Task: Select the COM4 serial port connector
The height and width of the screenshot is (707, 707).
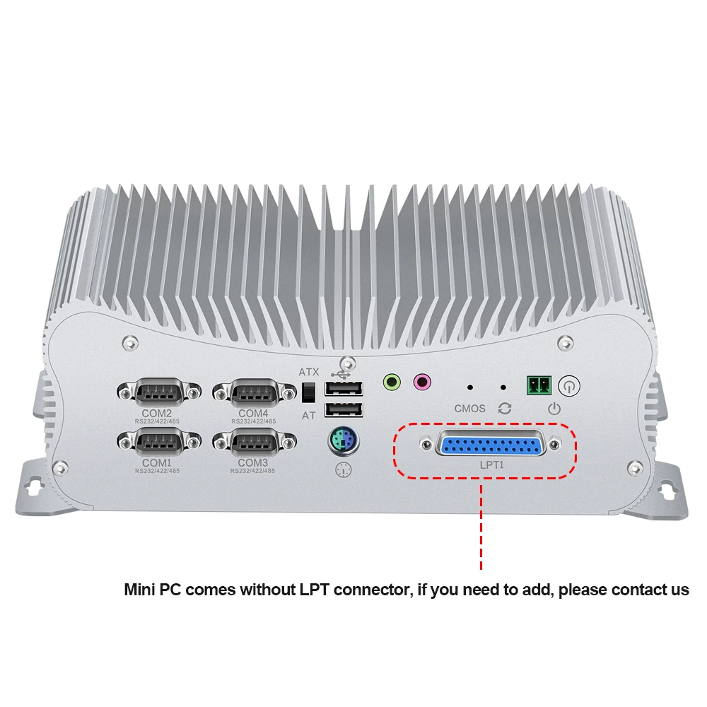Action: (x=252, y=391)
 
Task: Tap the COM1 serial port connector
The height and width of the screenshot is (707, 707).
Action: (x=156, y=442)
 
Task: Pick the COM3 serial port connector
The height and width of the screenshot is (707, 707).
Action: (x=252, y=442)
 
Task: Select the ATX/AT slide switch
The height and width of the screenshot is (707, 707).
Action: (x=308, y=391)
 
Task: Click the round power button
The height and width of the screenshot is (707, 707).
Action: (x=569, y=385)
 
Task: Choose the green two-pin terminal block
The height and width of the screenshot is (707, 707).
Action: (x=537, y=385)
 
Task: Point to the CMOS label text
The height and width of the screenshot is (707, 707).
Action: (x=470, y=408)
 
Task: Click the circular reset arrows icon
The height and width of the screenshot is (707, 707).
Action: (x=504, y=408)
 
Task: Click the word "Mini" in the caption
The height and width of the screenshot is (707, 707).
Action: (x=139, y=590)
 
